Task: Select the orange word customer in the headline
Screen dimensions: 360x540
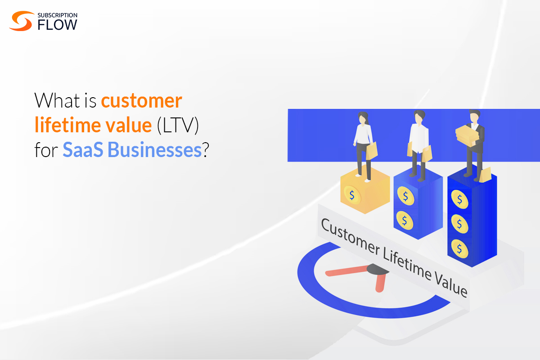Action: (141, 101)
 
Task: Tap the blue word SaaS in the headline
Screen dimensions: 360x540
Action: (83, 150)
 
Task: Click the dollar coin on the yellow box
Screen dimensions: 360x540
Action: (352, 194)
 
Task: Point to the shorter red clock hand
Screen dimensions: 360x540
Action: (381, 282)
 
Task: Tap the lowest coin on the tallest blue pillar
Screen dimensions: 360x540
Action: (459, 247)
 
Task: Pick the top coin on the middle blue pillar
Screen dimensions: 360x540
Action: (405, 196)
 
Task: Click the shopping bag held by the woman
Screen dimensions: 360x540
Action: (372, 150)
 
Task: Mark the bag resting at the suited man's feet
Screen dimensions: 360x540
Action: (485, 175)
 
